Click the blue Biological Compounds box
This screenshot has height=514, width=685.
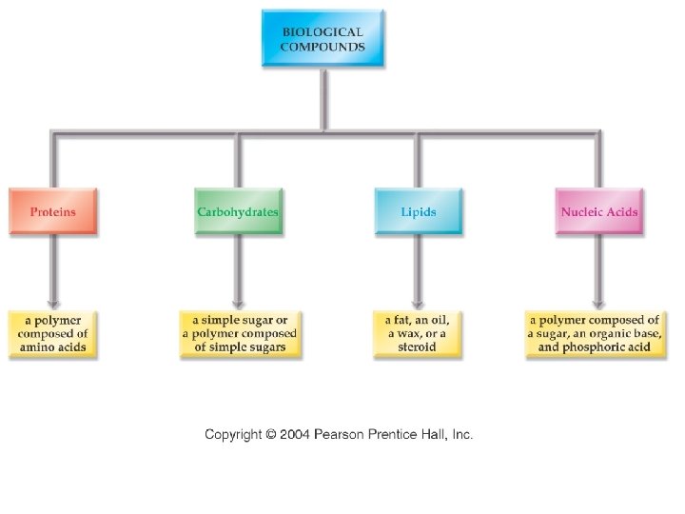tap(323, 38)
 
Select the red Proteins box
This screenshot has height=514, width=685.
tap(53, 211)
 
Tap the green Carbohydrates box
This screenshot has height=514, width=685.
tap(238, 211)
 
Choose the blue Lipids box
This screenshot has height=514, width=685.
tap(419, 211)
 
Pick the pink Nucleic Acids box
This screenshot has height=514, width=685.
tap(598, 211)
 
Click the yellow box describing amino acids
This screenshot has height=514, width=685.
tap(53, 334)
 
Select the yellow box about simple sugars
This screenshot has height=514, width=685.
tap(239, 334)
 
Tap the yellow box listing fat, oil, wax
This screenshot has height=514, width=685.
tap(417, 334)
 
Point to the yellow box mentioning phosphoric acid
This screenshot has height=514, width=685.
tap(594, 334)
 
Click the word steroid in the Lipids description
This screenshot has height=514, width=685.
tap(417, 347)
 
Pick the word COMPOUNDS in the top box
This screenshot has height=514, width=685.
tap(323, 46)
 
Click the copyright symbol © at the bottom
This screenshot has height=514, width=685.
tap(271, 434)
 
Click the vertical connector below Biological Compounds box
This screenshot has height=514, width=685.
tap(323, 100)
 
